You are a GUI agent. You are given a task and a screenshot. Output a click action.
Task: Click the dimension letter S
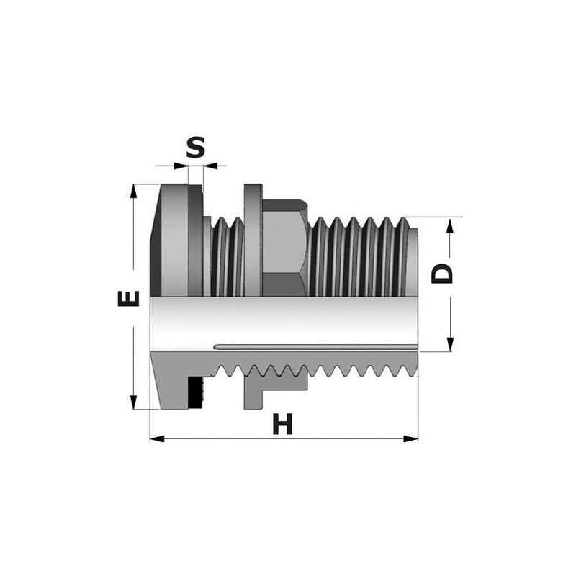[x=196, y=148]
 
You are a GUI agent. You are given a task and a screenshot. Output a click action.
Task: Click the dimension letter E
[x=128, y=297]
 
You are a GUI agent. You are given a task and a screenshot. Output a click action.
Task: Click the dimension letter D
[x=444, y=274]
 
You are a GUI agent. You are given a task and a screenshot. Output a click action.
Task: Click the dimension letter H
[x=283, y=425]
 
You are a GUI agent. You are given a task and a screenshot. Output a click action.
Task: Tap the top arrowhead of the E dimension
[x=133, y=189]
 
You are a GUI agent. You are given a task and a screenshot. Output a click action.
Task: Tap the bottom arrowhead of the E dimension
[x=133, y=404]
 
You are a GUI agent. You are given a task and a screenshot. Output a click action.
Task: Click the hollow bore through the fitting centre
[x=288, y=320]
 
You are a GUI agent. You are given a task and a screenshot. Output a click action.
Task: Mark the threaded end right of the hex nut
[x=360, y=256]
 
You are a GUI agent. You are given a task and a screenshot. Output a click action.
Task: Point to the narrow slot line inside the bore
[x=317, y=347]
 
